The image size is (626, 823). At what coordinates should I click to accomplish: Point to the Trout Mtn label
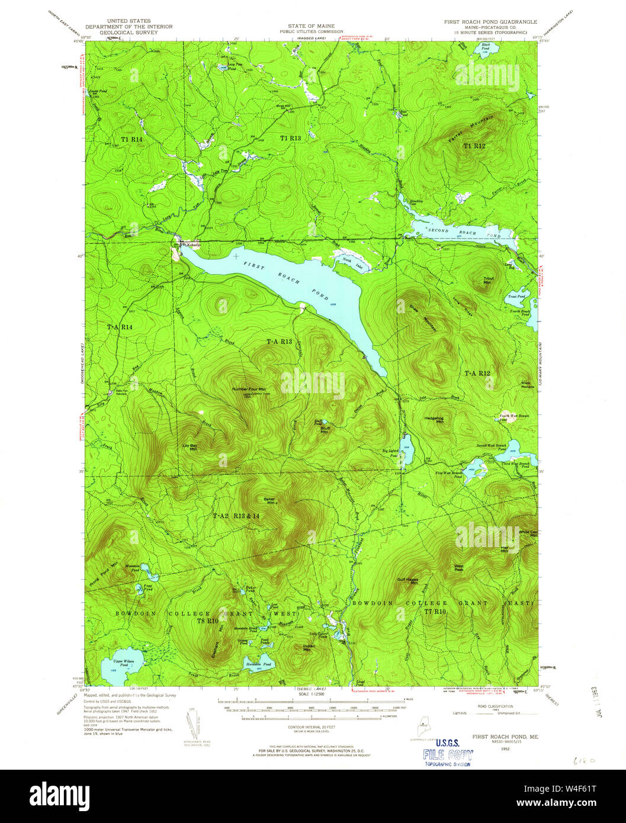tap(488, 280)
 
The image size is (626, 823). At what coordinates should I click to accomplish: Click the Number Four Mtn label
tap(249, 389)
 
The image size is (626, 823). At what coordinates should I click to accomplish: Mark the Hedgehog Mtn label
tap(434, 420)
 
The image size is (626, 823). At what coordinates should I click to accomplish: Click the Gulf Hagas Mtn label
tap(408, 581)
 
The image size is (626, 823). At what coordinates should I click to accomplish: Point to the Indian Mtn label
tap(309, 647)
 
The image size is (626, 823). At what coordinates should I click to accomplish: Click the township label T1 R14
tap(132, 139)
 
